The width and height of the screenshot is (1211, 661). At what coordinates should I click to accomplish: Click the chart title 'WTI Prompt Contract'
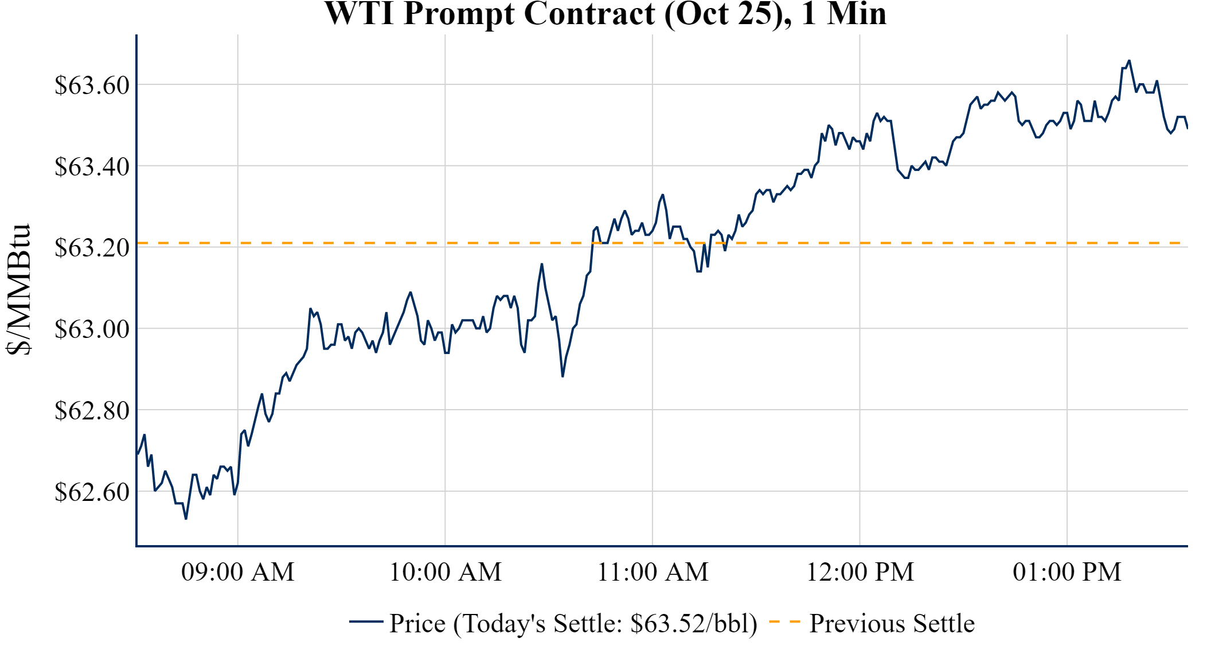[x=605, y=14]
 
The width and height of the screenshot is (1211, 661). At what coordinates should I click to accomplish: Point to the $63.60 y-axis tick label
[x=92, y=85]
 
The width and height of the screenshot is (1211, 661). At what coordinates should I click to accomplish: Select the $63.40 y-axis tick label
[x=92, y=167]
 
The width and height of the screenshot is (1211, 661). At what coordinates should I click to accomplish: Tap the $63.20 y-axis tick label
[x=92, y=248]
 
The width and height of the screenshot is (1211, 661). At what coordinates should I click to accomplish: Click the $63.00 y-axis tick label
[x=92, y=329]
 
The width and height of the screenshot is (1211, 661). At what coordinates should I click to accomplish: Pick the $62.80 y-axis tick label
[x=92, y=411]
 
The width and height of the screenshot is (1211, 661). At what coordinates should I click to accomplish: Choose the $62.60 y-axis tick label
[x=92, y=492]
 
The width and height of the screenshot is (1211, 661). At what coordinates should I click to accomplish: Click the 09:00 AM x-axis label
[x=237, y=572]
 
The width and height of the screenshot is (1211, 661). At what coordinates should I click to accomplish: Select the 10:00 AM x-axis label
[x=445, y=572]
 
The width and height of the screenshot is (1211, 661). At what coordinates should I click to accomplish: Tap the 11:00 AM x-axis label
[x=653, y=572]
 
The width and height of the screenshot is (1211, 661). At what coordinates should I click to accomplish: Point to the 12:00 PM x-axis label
[x=860, y=572]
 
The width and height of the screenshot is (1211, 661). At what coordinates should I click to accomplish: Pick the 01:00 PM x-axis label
[x=1067, y=572]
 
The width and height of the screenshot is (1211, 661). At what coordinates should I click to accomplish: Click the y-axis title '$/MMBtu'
[x=18, y=289]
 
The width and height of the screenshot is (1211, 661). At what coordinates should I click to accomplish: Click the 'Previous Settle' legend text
[x=892, y=624]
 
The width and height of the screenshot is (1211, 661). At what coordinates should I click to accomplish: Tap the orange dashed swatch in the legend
[x=784, y=622]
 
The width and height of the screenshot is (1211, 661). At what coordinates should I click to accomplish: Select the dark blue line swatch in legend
[x=366, y=621]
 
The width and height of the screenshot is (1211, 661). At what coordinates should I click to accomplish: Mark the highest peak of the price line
[x=1129, y=60]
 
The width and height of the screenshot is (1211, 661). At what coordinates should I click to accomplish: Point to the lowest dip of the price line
[x=186, y=519]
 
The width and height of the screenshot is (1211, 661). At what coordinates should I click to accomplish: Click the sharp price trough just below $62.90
[x=562, y=376]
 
